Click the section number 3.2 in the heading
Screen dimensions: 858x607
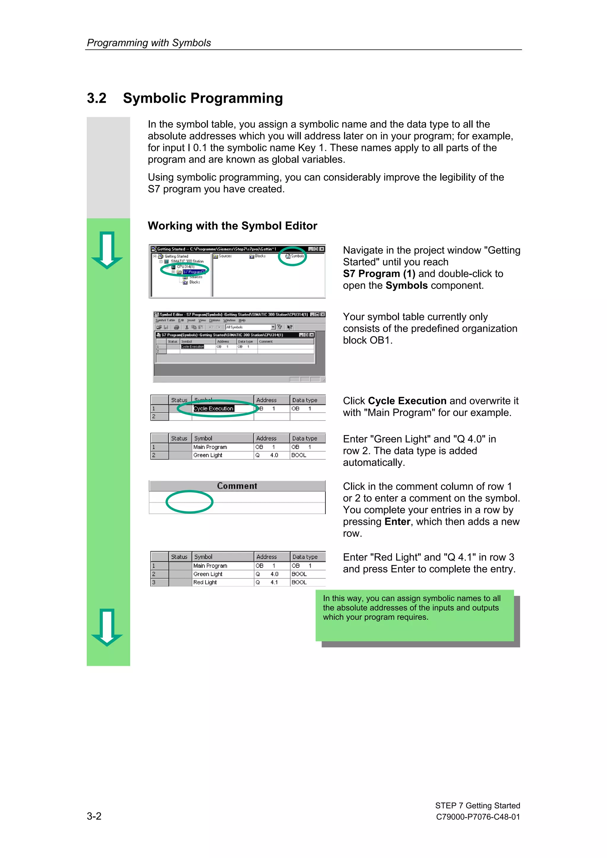97,98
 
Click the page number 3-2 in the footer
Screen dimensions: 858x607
94,816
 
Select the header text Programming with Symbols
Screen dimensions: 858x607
149,43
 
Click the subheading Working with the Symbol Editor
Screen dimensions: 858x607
232,226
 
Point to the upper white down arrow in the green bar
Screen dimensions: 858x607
107,250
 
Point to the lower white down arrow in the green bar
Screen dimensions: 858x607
107,627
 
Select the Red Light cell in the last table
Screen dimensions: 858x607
205,582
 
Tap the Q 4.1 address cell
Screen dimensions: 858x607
267,582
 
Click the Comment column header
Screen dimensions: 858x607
237,486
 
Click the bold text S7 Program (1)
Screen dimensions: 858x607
379,274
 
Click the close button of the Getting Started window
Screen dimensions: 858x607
322,249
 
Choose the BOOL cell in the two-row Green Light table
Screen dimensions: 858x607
299,455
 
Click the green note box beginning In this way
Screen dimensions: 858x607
414,615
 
